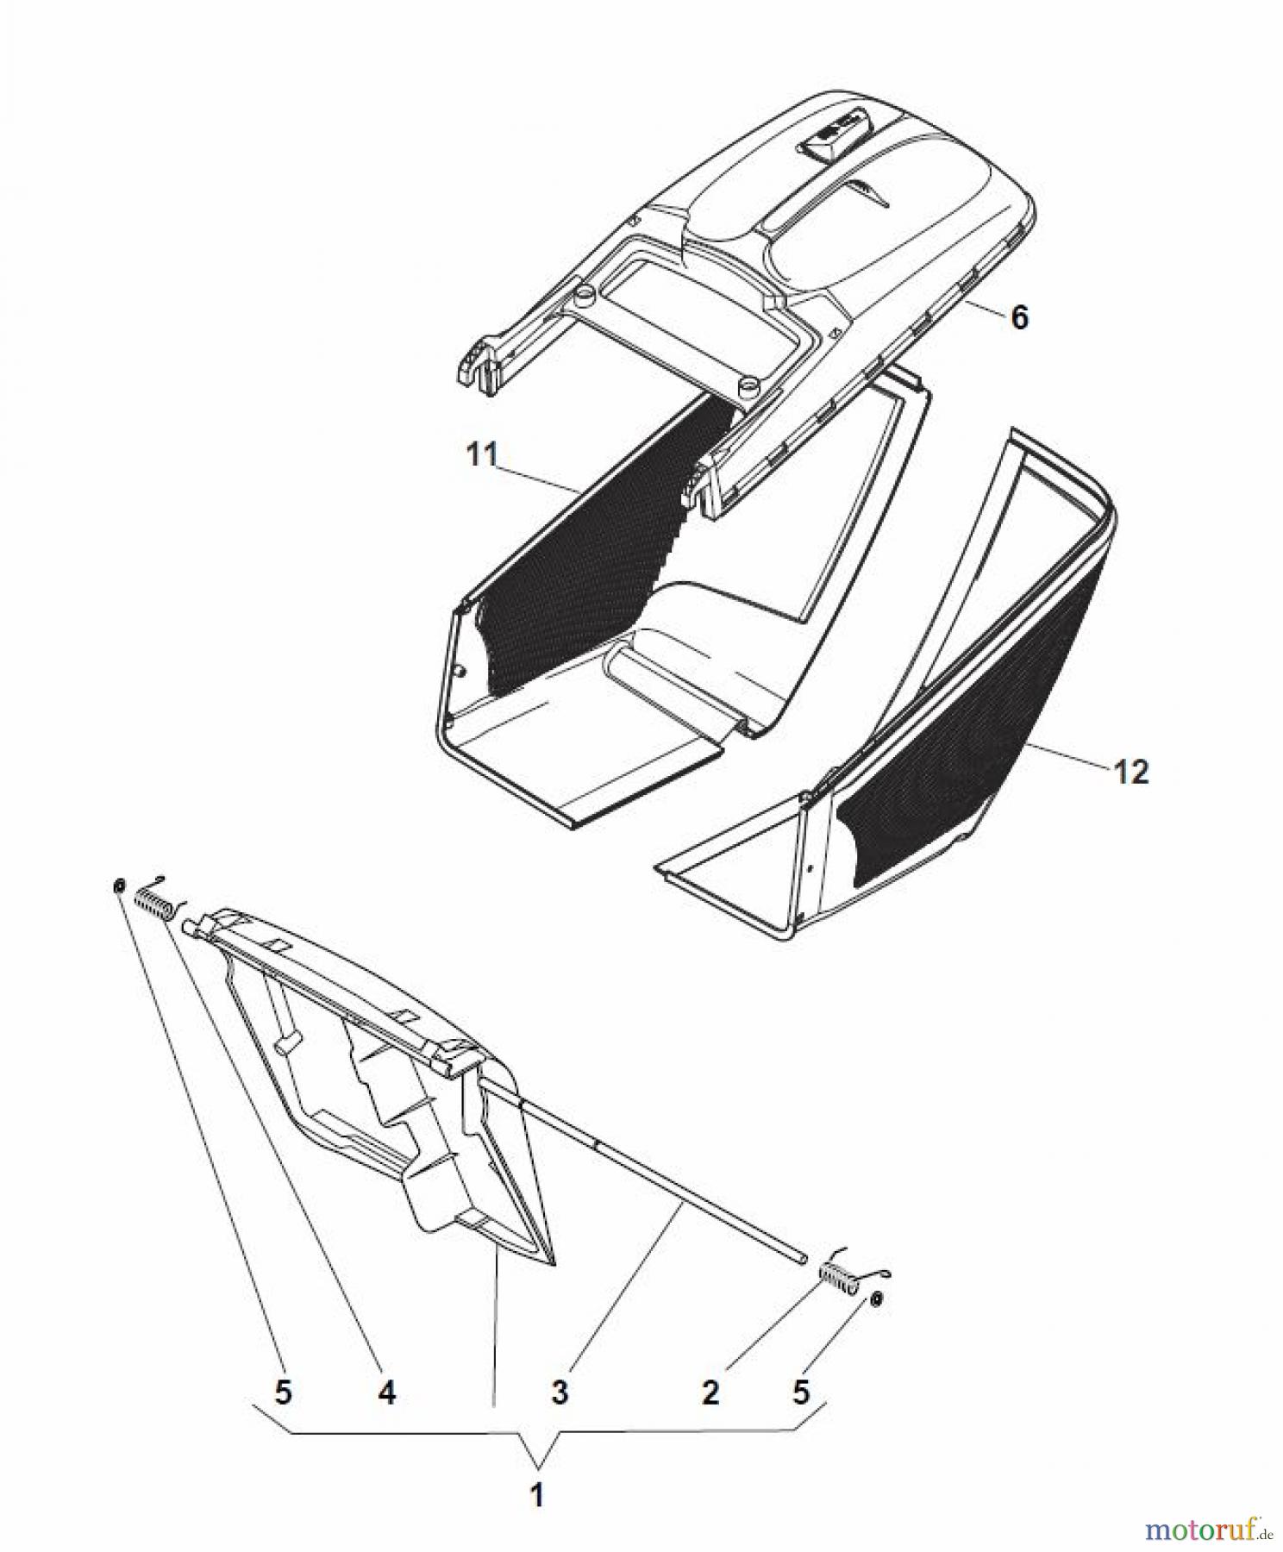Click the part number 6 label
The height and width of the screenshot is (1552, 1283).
click(1019, 317)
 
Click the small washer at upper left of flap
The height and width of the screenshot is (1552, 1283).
click(119, 886)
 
